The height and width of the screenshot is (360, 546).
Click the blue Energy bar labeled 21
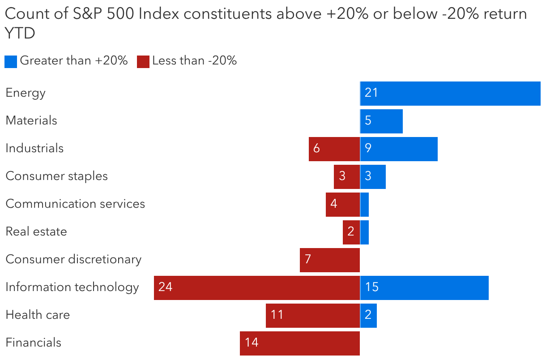coord(450,94)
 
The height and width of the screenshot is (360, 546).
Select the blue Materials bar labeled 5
coord(381,121)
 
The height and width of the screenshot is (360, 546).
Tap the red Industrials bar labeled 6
coord(334,149)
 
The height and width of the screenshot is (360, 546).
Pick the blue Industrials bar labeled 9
coord(399,149)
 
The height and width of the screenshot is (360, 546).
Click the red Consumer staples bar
coord(347,177)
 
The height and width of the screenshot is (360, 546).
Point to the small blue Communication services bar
coord(364,205)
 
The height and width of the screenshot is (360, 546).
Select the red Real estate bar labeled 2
coord(351,232)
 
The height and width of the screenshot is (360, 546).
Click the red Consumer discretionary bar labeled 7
coord(330,260)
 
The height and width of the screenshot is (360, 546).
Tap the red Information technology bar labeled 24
coord(257,288)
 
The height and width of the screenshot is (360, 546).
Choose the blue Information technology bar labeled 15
coord(424,288)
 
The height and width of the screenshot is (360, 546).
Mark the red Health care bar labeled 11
coord(313,316)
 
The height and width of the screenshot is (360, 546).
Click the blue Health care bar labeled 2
coord(368,316)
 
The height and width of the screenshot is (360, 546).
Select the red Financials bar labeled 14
coord(300,343)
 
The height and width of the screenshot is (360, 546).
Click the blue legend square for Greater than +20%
coord(11,61)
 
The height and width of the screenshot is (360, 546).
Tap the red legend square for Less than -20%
coord(143,61)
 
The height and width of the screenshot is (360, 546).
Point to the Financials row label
coord(34,343)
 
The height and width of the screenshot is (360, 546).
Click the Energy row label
coord(26,93)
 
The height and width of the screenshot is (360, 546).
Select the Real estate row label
coord(36,231)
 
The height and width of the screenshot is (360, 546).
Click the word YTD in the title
coord(20,33)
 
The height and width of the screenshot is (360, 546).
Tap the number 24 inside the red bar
coord(166,287)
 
